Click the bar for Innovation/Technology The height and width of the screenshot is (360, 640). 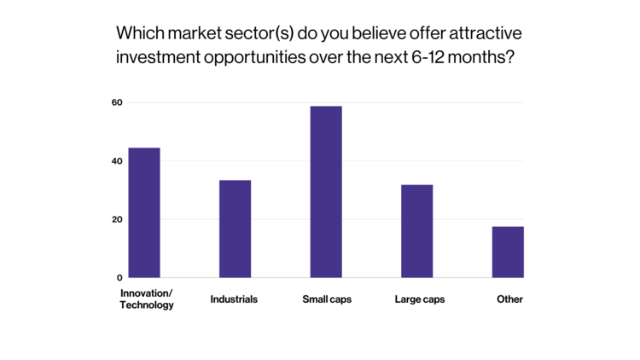click(143, 213)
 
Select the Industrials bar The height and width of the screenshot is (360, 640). click(235, 229)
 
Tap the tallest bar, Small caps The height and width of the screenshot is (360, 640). click(326, 192)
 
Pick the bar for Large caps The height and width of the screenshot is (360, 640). click(417, 231)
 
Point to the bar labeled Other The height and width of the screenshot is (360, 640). click(508, 252)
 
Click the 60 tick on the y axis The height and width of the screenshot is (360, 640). click(117, 102)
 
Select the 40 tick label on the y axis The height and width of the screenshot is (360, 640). click(117, 160)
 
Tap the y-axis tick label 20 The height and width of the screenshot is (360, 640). click(117, 219)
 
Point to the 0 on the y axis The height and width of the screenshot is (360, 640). click(119, 277)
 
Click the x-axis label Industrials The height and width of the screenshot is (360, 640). click(234, 299)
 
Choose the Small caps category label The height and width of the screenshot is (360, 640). click(327, 299)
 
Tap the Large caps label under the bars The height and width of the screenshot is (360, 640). click(420, 299)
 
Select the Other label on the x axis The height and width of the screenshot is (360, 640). click(509, 299)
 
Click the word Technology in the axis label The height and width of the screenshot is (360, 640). click(147, 305)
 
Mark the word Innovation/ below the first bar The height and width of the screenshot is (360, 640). click(147, 293)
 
